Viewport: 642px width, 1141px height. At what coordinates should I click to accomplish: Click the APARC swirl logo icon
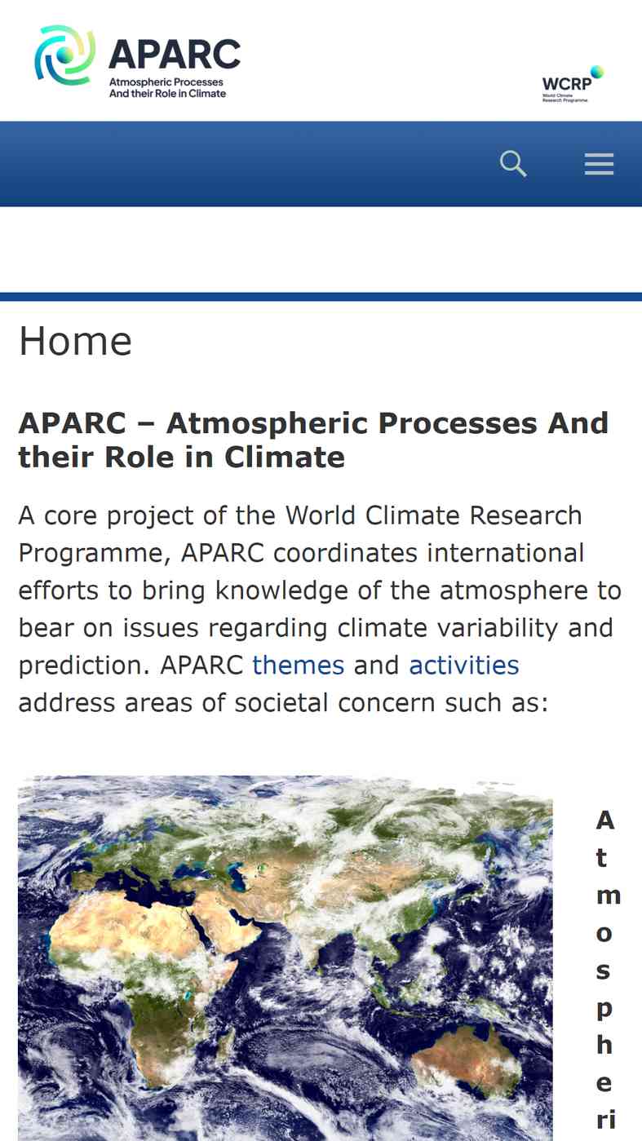pyautogui.click(x=64, y=55)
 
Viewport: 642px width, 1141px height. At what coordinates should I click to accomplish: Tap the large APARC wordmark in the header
pyautogui.click(x=175, y=54)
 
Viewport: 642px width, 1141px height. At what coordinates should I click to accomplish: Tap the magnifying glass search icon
pyautogui.click(x=512, y=163)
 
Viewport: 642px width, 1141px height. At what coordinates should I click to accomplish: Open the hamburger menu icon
pyautogui.click(x=599, y=164)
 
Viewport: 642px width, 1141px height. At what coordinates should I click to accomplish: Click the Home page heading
pyautogui.click(x=75, y=341)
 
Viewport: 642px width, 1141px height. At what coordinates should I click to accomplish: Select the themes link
pyautogui.click(x=298, y=666)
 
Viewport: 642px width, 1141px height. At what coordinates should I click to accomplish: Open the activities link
pyautogui.click(x=463, y=666)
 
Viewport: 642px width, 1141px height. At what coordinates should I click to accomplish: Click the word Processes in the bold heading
pyautogui.click(x=457, y=423)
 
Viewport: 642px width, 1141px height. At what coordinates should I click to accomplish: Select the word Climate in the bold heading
pyautogui.click(x=285, y=457)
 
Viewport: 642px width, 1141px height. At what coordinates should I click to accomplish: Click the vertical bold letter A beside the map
pyautogui.click(x=604, y=820)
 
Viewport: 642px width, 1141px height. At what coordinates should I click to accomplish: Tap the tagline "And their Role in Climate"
pyautogui.click(x=167, y=94)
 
